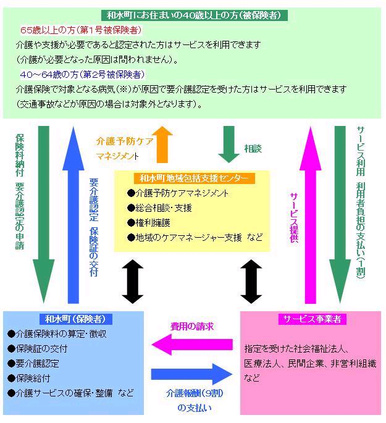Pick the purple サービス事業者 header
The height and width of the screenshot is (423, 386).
[x=312, y=319]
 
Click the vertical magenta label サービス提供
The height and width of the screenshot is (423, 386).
[x=294, y=216]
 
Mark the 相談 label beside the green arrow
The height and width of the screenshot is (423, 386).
[x=253, y=149]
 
